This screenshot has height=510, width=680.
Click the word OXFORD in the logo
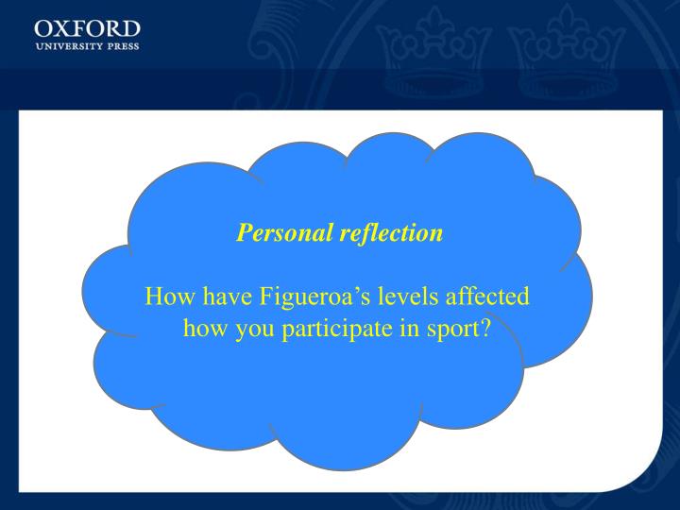click(87, 27)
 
